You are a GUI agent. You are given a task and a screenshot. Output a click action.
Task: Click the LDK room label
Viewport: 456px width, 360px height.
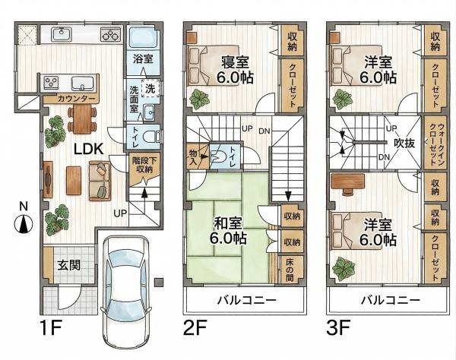[89, 149]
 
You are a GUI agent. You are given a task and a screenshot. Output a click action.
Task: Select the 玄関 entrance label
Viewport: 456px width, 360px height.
[68, 265]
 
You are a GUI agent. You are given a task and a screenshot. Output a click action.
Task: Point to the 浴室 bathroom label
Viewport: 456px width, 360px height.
[143, 59]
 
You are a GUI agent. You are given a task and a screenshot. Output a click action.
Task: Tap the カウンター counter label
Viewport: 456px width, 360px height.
[76, 99]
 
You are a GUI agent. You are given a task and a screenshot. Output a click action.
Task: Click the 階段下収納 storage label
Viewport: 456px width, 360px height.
[144, 165]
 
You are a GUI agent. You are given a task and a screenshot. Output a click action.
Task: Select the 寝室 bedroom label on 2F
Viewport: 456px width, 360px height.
[235, 62]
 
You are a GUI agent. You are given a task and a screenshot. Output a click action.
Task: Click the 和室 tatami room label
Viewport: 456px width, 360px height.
[228, 223]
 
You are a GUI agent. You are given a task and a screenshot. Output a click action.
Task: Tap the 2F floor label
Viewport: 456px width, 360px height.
[195, 327]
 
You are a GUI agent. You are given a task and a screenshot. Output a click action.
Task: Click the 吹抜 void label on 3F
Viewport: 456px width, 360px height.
[404, 143]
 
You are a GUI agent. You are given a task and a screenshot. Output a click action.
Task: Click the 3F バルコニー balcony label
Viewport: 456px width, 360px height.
[391, 300]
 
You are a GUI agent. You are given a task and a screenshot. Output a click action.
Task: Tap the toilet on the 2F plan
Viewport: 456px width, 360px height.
[218, 156]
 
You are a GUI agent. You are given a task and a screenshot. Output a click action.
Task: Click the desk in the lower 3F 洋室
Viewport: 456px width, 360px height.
[348, 181]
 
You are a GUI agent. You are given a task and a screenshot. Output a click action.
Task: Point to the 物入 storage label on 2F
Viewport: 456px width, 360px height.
[193, 157]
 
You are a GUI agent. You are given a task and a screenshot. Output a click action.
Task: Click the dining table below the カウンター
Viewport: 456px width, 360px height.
[82, 118]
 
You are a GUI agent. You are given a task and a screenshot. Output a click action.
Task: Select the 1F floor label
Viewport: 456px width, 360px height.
[51, 327]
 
